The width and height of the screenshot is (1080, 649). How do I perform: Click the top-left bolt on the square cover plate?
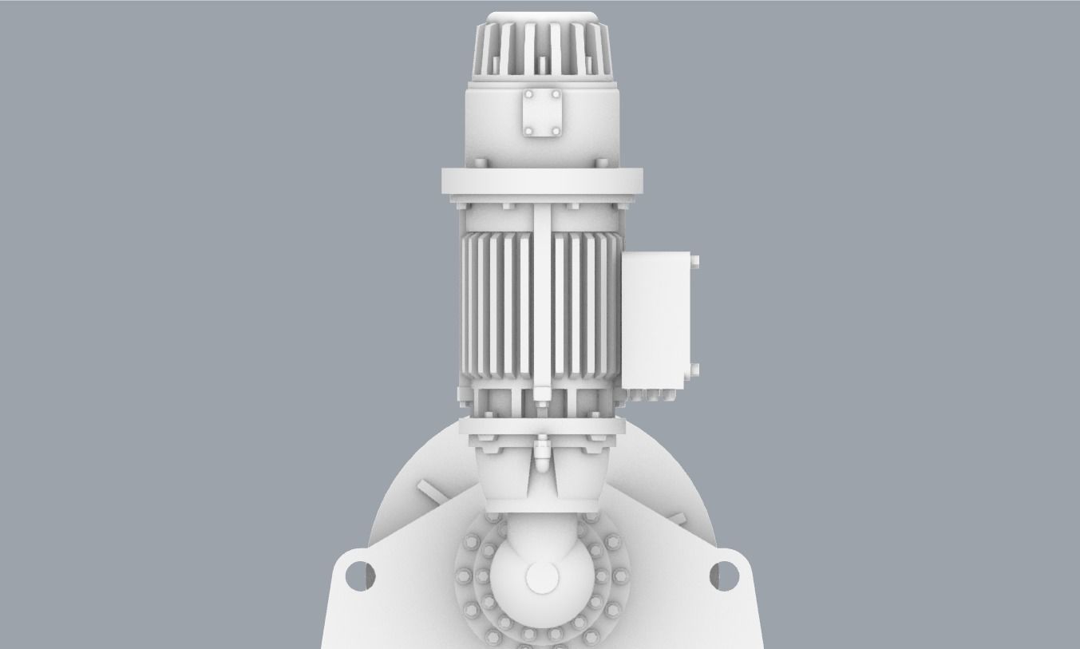point(528,95)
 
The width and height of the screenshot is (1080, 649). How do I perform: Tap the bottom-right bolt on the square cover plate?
point(556,129)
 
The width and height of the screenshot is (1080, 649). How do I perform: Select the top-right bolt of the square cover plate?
point(556,95)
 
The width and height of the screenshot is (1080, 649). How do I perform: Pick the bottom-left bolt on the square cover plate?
point(528,129)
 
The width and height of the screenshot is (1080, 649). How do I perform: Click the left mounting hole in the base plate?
point(358,573)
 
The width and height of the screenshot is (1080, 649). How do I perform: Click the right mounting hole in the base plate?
point(725,573)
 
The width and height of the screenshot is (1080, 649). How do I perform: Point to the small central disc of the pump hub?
point(541,577)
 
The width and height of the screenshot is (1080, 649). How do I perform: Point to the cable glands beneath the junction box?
point(651,394)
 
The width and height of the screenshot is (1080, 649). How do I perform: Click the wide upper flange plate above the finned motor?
point(542,181)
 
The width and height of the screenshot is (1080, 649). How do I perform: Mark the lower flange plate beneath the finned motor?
point(542,429)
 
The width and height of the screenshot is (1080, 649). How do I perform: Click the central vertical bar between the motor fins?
point(542,303)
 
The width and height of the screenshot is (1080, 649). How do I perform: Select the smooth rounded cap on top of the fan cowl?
point(542,18)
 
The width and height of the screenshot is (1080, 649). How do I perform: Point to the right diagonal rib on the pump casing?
point(677,519)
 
